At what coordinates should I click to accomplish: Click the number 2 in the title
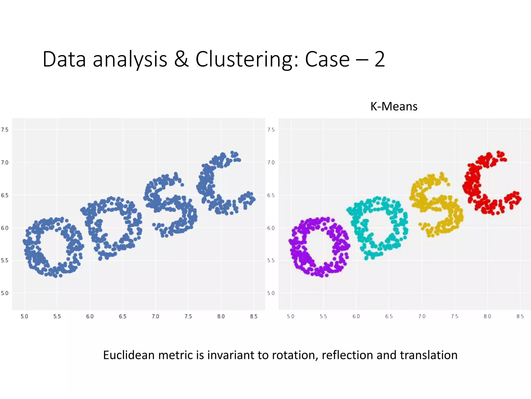click(x=380, y=59)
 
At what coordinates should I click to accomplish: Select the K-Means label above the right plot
click(x=394, y=107)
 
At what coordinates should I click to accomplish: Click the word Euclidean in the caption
click(x=129, y=355)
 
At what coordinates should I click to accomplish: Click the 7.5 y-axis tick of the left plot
click(x=5, y=130)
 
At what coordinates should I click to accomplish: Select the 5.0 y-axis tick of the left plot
click(x=5, y=293)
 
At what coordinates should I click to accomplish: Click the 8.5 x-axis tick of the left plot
click(x=254, y=316)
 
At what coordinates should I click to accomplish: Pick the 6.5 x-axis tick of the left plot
click(x=123, y=316)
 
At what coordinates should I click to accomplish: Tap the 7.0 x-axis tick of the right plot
click(x=422, y=316)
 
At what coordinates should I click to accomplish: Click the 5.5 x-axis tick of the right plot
click(x=323, y=316)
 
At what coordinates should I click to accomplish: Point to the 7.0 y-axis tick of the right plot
click(x=271, y=163)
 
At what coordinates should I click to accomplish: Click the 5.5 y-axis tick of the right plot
click(x=271, y=261)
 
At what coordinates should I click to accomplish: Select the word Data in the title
click(x=64, y=59)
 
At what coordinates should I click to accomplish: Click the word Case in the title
click(x=327, y=59)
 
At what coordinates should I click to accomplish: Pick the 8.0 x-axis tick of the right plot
click(x=487, y=316)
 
